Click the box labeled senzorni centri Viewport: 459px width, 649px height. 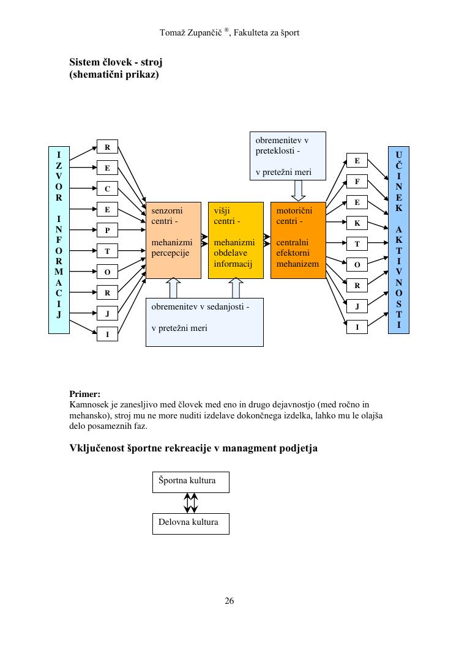(x=173, y=240)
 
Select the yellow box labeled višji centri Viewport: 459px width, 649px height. (x=236, y=240)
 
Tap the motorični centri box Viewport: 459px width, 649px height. (x=298, y=240)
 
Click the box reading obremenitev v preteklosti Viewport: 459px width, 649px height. (x=288, y=156)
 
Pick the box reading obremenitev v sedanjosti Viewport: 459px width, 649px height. (x=204, y=322)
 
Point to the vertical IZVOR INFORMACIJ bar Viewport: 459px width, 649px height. (x=59, y=240)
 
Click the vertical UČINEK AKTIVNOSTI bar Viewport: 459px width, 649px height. (x=398, y=240)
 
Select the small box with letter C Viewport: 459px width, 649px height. (x=107, y=189)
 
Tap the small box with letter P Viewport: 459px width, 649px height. (x=107, y=231)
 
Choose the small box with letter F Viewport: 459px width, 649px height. (x=357, y=182)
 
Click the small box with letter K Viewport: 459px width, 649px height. (x=357, y=223)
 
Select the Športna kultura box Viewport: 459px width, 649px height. (x=190, y=481)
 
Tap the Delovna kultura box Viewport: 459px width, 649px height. (x=190, y=524)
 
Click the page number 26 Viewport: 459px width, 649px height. (x=229, y=601)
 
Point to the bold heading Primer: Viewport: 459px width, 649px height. (x=85, y=395)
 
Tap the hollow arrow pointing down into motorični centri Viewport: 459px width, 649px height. (x=298, y=191)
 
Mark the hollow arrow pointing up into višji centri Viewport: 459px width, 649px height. (x=236, y=288)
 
